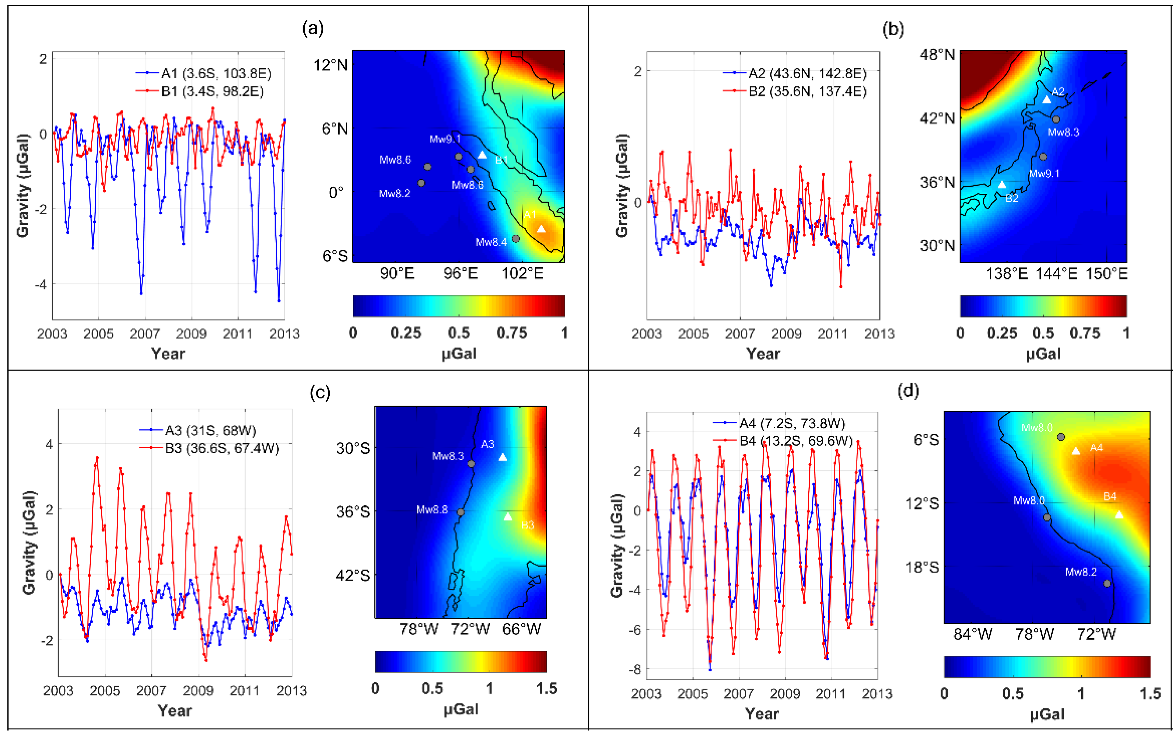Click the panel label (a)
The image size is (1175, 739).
313,29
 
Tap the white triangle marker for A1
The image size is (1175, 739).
541,229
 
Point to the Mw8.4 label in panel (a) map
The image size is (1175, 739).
491,242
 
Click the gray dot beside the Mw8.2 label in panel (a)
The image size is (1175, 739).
421,183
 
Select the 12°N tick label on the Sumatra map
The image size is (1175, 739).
330,65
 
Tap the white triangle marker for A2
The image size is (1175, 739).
1047,100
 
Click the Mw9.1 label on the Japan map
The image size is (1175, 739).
1044,173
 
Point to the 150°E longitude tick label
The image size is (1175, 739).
1107,274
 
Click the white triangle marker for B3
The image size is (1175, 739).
507,516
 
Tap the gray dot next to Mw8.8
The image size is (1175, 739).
460,512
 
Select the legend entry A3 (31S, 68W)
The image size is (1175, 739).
210,430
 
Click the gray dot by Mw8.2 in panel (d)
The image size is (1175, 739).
1107,583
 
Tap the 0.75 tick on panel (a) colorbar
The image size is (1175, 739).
511,333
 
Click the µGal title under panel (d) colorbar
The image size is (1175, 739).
1047,714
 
